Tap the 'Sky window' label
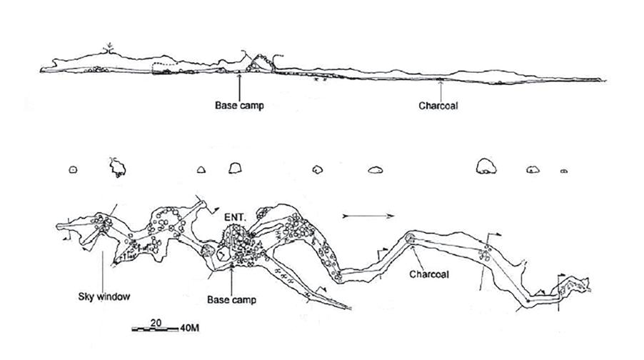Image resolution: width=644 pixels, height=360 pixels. [x=97, y=294]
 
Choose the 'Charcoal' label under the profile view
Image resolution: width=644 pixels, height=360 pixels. [x=438, y=104]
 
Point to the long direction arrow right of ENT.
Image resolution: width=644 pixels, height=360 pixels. [x=367, y=214]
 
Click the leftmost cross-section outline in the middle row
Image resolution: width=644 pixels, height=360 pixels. [x=72, y=169]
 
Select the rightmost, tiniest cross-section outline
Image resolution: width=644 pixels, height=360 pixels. [x=563, y=171]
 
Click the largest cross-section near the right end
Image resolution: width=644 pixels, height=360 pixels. [x=487, y=166]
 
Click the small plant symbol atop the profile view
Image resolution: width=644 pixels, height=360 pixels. [x=109, y=47]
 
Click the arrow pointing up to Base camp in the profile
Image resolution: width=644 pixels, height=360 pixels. [x=239, y=84]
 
